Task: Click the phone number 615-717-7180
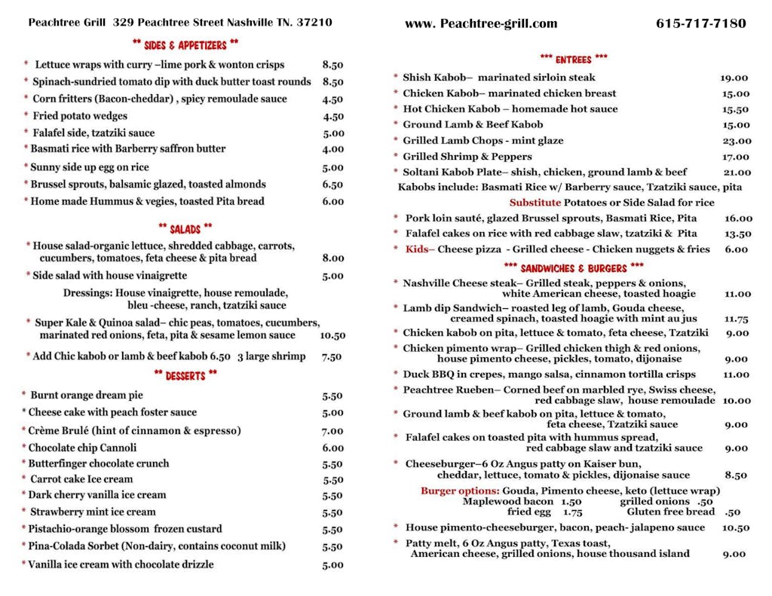(x=700, y=23)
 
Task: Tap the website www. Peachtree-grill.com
(x=481, y=23)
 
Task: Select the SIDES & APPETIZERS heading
(x=185, y=44)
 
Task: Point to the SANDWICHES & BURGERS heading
(x=573, y=267)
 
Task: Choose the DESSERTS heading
(x=185, y=374)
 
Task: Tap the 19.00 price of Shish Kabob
(x=734, y=78)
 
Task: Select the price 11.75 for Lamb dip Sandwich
(x=736, y=319)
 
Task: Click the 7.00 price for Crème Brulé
(x=332, y=432)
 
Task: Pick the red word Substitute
(x=535, y=203)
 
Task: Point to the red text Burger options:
(x=460, y=491)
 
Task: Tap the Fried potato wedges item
(x=80, y=116)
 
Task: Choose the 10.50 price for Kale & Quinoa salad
(x=332, y=336)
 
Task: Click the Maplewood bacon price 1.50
(x=571, y=501)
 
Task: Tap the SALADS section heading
(x=185, y=228)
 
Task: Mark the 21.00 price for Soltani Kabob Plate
(x=736, y=173)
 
